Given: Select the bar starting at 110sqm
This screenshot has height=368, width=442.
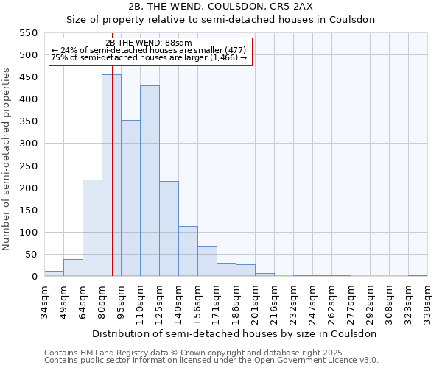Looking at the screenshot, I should tap(150, 181).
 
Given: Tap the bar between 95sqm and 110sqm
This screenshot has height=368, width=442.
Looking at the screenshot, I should tap(130, 198).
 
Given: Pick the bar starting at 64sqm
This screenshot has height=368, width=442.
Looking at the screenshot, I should tap(92, 228).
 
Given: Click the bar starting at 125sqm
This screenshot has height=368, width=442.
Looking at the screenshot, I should tap(169, 228).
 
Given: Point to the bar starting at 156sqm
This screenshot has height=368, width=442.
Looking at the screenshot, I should tap(207, 261).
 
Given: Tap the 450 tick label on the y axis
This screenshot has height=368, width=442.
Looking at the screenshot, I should tap(28, 77).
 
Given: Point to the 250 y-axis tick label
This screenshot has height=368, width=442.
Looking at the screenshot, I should tap(28, 166).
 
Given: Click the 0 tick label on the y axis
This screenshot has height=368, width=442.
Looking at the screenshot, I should tap(34, 277).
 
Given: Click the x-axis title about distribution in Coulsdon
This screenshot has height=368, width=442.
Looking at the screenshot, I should tap(234, 333).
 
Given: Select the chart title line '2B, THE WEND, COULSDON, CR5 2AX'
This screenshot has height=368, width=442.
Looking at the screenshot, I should tap(221, 7).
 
